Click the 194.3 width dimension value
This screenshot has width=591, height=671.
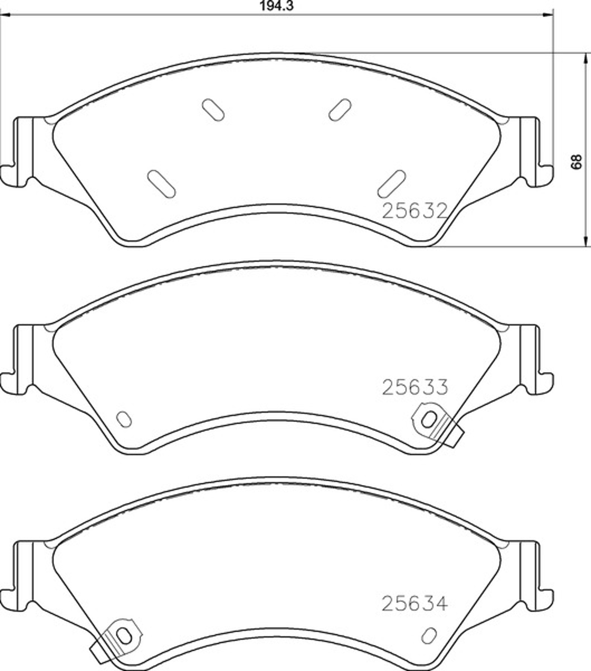tap(277, 6)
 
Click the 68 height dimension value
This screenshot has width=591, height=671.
tap(576, 162)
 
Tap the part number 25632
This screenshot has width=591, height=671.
tap(415, 211)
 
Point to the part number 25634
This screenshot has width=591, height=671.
tap(414, 603)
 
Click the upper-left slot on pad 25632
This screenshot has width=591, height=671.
tap(213, 110)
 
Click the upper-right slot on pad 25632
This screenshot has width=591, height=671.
tap(339, 110)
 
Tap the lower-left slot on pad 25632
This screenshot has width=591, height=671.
tap(161, 184)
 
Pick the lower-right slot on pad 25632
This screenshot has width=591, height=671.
tap(392, 184)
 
